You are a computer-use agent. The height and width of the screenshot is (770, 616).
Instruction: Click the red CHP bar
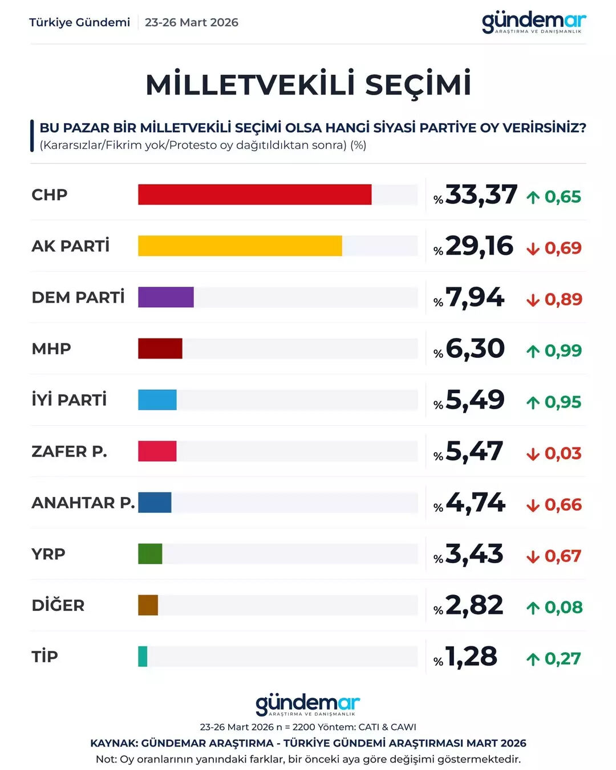pyautogui.click(x=254, y=194)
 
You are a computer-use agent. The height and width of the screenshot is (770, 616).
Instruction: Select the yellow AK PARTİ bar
pyautogui.click(x=240, y=246)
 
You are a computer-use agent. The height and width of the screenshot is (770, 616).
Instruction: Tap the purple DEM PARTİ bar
pyautogui.click(x=165, y=297)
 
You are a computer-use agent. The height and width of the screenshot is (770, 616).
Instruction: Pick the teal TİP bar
pyautogui.click(x=143, y=656)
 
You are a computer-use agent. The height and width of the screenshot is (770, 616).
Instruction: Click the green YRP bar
pyautogui.click(x=150, y=553)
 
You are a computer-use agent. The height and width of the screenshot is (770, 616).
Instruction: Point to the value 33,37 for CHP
pyautogui.click(x=481, y=195)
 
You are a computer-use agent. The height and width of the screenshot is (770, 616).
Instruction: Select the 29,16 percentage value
pyautogui.click(x=479, y=246)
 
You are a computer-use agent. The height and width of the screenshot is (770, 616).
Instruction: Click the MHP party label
pyautogui.click(x=51, y=348)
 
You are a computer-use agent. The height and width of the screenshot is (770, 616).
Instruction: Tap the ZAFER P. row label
pyautogui.click(x=69, y=451)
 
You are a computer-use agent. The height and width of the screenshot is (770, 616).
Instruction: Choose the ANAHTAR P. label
pyautogui.click(x=83, y=502)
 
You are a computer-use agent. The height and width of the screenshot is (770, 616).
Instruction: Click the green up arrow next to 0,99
pyautogui.click(x=533, y=351)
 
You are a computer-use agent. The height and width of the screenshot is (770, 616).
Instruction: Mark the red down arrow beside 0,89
pyautogui.click(x=533, y=300)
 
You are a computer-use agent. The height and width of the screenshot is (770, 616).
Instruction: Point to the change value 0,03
pyautogui.click(x=562, y=453)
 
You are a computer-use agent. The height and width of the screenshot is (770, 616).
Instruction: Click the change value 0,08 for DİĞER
pyautogui.click(x=563, y=607)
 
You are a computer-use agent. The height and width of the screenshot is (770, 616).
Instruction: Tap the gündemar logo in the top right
pyautogui.click(x=533, y=23)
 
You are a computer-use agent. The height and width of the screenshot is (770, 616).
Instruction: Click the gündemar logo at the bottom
pyautogui.click(x=307, y=704)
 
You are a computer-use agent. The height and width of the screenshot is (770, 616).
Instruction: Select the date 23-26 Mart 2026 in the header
pyautogui.click(x=191, y=22)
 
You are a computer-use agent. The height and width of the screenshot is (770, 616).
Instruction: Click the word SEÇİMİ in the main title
pyautogui.click(x=418, y=84)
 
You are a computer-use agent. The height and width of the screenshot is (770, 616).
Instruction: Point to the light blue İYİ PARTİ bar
pyautogui.click(x=157, y=400)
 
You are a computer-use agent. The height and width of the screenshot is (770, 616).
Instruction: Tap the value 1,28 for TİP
pyautogui.click(x=471, y=657)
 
